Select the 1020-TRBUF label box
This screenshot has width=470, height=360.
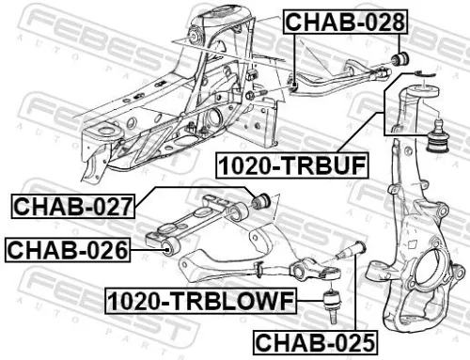pyautogui.click(x=292, y=166)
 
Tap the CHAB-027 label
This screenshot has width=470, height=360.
pyautogui.click(x=71, y=204)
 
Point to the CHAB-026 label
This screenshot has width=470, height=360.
pyautogui.click(x=66, y=250)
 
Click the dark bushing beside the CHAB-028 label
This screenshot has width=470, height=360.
pyautogui.click(x=399, y=58)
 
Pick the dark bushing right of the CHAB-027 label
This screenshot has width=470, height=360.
pyautogui.click(x=264, y=200)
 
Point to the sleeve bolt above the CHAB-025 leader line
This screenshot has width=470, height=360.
pyautogui.click(x=358, y=251)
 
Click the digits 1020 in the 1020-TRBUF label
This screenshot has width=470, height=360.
pyautogui.click(x=246, y=166)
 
